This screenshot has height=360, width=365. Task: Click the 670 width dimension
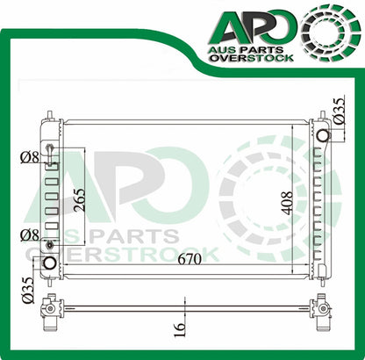(x=179, y=259)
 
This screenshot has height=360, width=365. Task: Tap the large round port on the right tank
(x=322, y=135)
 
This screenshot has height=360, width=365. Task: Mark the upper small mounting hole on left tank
(x=50, y=148)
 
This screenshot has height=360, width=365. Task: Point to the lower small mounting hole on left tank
(x=50, y=244)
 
